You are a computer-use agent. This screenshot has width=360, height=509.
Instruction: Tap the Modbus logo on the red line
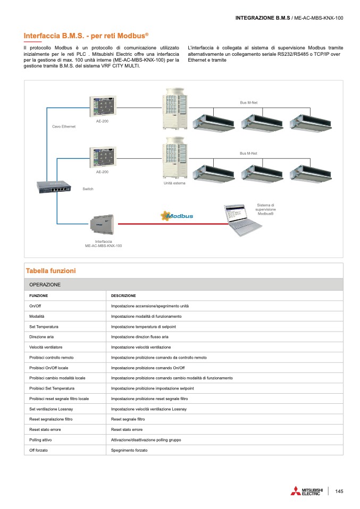(x=177, y=216)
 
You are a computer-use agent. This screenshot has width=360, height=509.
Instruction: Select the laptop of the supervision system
(x=241, y=219)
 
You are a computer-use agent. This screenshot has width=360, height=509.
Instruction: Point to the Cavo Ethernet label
(x=64, y=126)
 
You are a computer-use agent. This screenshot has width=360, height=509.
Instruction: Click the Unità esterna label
(x=174, y=183)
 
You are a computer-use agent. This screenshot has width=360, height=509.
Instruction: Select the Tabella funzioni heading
(x=51, y=271)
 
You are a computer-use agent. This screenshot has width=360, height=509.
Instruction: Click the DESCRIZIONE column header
(x=123, y=295)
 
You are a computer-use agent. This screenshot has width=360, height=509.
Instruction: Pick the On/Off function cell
(x=35, y=307)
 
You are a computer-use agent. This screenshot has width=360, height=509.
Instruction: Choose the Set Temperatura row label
(x=44, y=327)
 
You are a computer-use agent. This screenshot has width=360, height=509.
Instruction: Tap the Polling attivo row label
(x=40, y=440)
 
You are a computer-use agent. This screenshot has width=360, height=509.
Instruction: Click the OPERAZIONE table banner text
(x=45, y=285)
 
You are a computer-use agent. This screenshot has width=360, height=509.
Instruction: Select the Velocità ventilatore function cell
(x=47, y=347)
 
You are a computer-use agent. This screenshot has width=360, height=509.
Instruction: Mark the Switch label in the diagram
(x=88, y=189)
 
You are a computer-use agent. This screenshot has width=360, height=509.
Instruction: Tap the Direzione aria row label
(x=41, y=337)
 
